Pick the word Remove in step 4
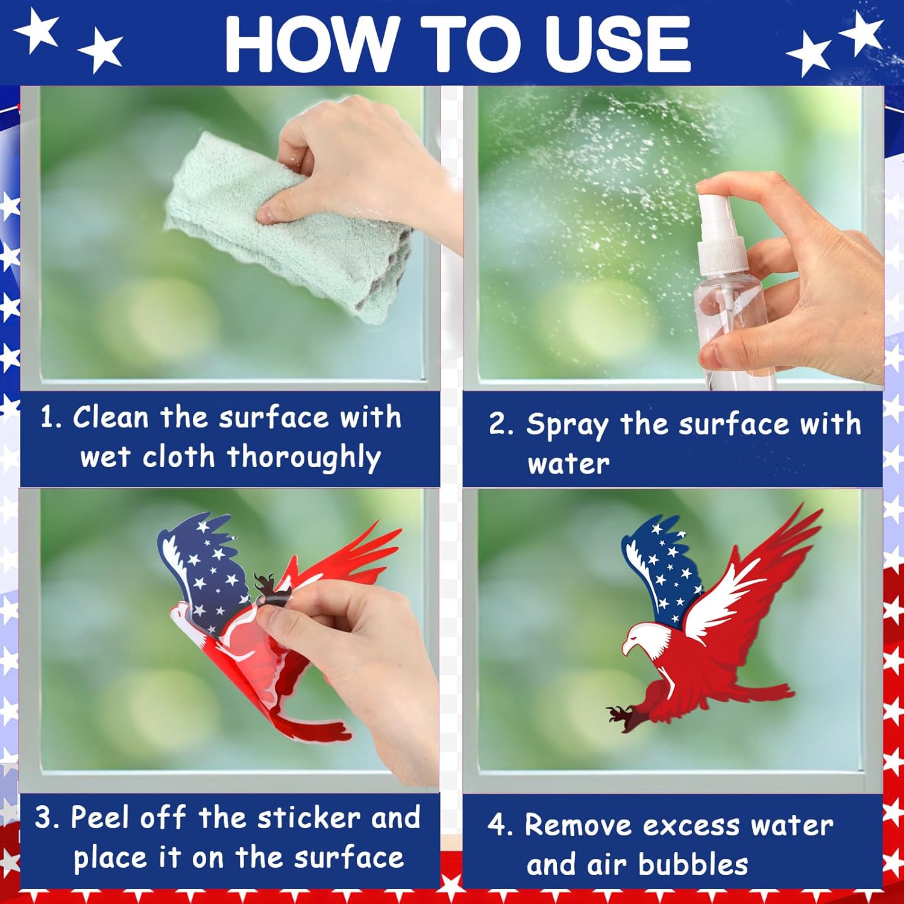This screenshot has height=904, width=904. click(578, 826)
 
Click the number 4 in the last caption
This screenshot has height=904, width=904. click(498, 826)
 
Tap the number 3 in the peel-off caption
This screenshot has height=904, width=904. click(46, 818)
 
